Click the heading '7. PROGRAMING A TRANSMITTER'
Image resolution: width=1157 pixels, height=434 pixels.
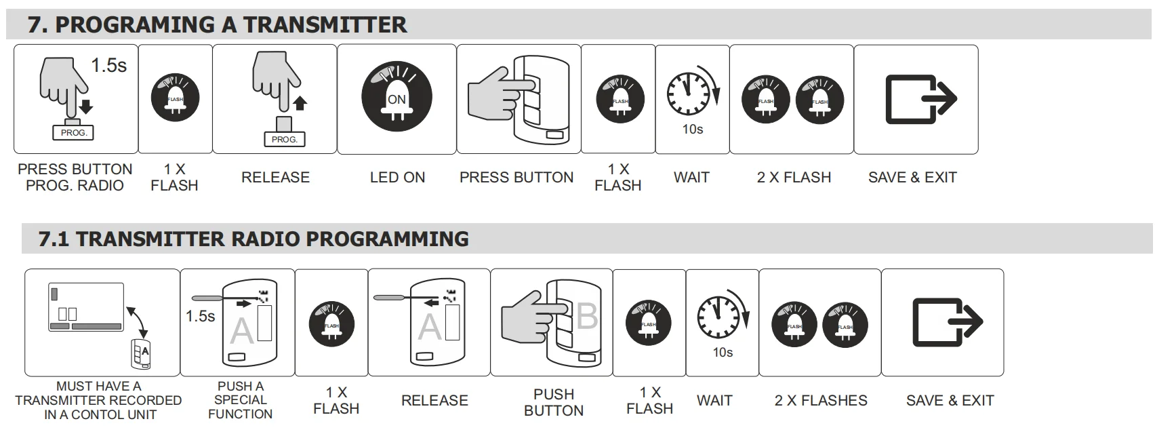coord(217,25)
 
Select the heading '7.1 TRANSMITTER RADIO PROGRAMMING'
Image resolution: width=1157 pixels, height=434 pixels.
coord(253,239)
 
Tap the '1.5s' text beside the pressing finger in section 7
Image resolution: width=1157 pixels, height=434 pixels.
coord(109,66)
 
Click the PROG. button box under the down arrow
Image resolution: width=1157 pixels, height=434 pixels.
coord(73,133)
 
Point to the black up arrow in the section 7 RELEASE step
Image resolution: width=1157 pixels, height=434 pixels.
coord(300,103)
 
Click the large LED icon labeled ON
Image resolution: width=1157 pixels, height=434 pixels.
coord(397,97)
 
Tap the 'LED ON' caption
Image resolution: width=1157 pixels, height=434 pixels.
coord(397,177)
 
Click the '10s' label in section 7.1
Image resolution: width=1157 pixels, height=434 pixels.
coord(723,353)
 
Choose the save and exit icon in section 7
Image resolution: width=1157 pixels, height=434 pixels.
coord(921,99)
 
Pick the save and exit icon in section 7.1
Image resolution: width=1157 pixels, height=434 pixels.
coord(948,322)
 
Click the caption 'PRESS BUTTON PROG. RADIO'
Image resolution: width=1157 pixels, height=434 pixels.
coord(75,177)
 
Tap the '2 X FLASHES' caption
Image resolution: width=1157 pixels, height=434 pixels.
coord(821,400)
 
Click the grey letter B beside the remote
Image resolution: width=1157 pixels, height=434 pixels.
coord(587,315)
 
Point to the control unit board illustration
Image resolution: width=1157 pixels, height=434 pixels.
coord(86,307)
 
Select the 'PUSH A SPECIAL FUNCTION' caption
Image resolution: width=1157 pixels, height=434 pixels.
coord(240,400)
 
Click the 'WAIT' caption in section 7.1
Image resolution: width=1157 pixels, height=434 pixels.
coord(714,400)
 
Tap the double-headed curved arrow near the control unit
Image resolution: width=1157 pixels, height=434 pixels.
coord(138,321)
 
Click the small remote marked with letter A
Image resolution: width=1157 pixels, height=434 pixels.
coord(140,354)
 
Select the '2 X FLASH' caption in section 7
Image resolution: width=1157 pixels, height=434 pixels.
coord(794,177)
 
